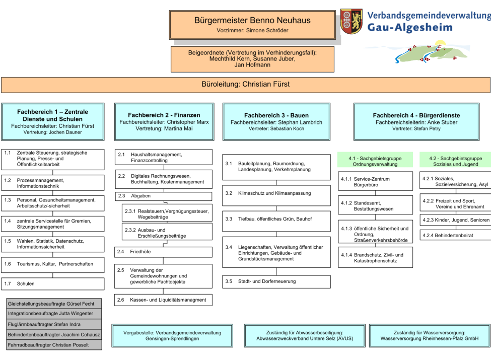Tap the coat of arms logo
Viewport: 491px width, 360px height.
(351, 21)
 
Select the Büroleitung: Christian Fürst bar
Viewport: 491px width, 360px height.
(245, 85)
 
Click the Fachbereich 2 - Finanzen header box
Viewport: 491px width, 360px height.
(164, 121)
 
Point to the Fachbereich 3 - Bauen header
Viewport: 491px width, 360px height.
(276, 121)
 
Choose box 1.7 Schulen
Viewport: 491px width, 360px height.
(53, 284)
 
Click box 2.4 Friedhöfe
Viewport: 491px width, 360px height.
(163, 251)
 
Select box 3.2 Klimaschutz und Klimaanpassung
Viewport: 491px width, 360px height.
(276, 193)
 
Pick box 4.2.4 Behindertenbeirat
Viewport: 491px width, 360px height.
(455, 235)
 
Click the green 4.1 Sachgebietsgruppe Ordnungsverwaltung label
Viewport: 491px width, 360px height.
(375, 161)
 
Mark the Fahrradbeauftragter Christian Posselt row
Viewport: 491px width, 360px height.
(53, 345)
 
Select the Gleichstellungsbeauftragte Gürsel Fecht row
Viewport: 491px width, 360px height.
(53, 304)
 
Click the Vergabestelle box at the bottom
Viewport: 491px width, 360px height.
(172, 336)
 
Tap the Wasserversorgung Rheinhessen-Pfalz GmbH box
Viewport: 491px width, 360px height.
(429, 336)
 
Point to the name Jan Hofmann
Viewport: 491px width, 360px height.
(252, 65)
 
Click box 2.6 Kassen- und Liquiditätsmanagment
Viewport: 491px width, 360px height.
(163, 300)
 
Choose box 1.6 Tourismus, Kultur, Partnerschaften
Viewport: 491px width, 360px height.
(53, 264)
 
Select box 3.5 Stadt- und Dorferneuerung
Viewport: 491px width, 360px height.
(276, 281)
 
